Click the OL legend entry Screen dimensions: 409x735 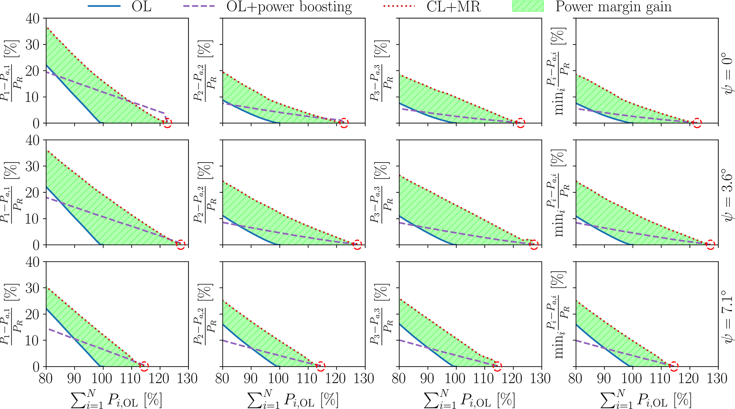point(141,7)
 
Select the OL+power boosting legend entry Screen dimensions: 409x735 point(289,7)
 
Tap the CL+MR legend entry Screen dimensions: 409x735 point(454,7)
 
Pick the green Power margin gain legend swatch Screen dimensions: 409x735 point(528,6)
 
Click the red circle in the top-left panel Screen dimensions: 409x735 point(167,123)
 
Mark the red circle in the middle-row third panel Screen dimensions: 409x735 point(533,244)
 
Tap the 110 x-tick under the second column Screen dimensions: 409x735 point(308,378)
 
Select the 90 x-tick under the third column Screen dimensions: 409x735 point(428,378)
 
